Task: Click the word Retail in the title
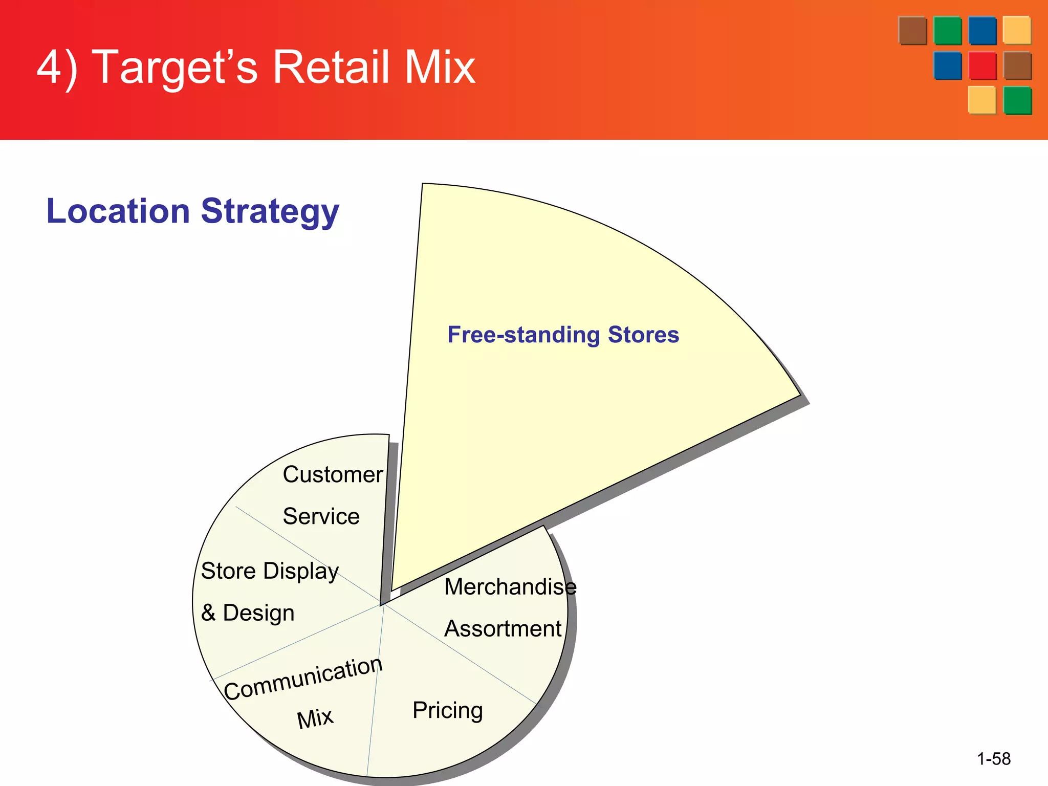pos(330,68)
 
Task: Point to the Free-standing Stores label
pos(563,335)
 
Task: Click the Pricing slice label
pos(448,710)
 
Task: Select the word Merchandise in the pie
pos(510,586)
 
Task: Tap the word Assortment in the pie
pos(503,628)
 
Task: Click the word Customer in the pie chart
pos(333,474)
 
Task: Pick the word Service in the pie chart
pos(321,516)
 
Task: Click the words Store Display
pos(270,571)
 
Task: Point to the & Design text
pos(248,613)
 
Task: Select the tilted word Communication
pos(303,679)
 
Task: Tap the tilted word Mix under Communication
pos(315,718)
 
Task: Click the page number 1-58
pos(993,758)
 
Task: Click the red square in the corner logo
pos(982,65)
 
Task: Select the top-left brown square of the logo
pos(912,30)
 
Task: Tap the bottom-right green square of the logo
pos(1017,100)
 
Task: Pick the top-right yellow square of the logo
pos(1017,30)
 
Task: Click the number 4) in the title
pos(57,68)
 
